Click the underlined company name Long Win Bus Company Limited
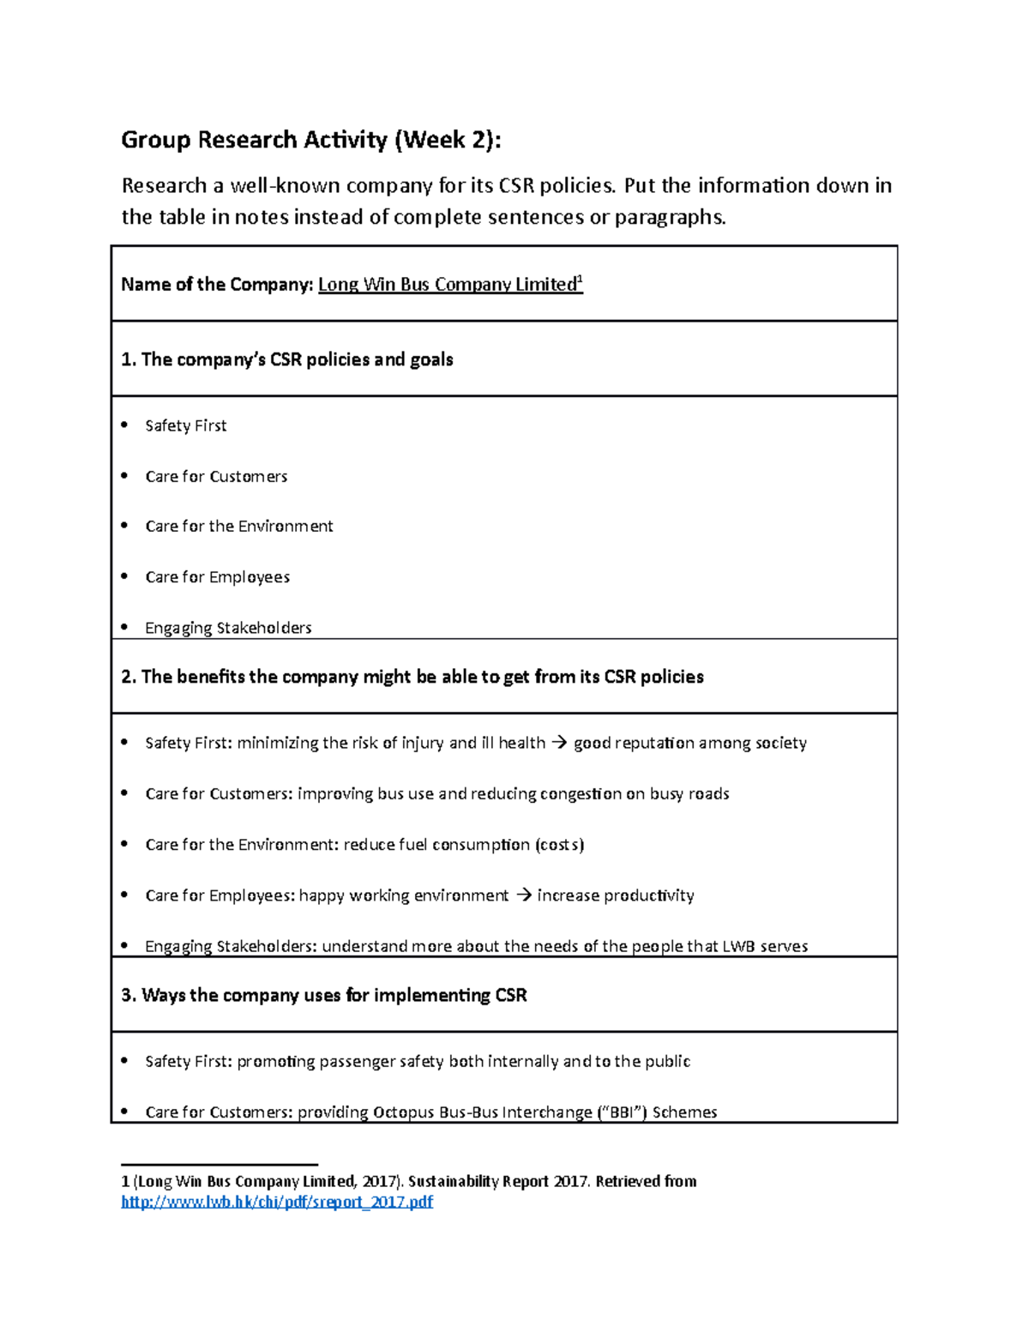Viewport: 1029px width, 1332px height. coord(447,285)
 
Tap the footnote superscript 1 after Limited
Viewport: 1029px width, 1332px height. coord(581,280)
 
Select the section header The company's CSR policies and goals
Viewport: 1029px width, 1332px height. coord(287,359)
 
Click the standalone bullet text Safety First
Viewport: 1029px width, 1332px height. coord(186,426)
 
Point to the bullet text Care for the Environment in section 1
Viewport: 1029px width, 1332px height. coord(239,527)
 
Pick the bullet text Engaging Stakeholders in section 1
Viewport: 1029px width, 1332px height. coord(228,628)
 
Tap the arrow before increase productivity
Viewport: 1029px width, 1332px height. coord(523,895)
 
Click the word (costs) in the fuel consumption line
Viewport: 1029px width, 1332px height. coord(559,845)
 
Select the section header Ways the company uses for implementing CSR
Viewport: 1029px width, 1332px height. coord(324,995)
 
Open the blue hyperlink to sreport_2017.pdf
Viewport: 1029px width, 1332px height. coord(277,1202)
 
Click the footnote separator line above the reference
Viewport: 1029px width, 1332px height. coord(220,1164)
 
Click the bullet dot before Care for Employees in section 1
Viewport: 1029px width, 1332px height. coord(125,576)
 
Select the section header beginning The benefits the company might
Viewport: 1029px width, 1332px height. coord(412,677)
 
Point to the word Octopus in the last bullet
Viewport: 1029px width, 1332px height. coord(404,1112)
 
